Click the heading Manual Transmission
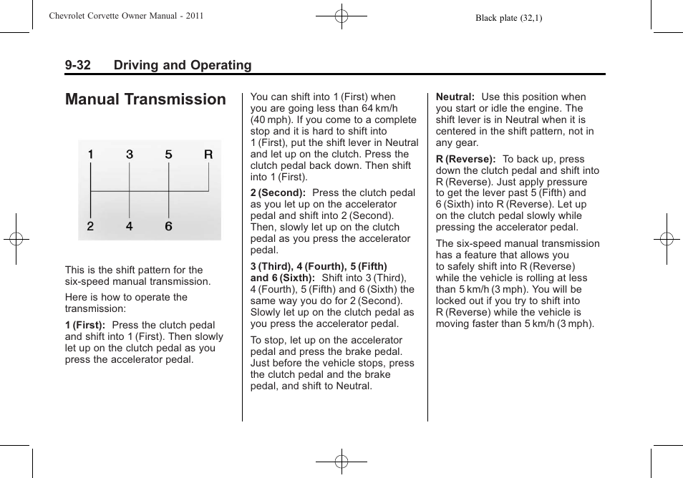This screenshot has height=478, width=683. (x=145, y=99)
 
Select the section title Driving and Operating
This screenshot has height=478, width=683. (x=182, y=65)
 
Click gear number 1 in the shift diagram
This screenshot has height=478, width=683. (x=91, y=154)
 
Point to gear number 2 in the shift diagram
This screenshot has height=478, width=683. (x=91, y=227)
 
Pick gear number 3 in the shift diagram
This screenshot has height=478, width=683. (x=130, y=154)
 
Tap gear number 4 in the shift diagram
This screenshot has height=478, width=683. (x=130, y=227)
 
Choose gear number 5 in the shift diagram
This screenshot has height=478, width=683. (x=168, y=154)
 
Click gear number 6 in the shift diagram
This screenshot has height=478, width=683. (x=168, y=227)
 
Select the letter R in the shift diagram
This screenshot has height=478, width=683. (x=208, y=154)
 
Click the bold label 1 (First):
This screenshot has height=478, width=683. (x=85, y=325)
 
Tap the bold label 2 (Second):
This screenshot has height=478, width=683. (x=278, y=192)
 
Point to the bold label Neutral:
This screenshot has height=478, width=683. (x=455, y=97)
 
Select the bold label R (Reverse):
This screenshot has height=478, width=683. (x=466, y=159)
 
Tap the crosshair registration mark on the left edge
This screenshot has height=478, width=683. (x=15, y=239)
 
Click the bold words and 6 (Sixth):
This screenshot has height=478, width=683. (x=283, y=278)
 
